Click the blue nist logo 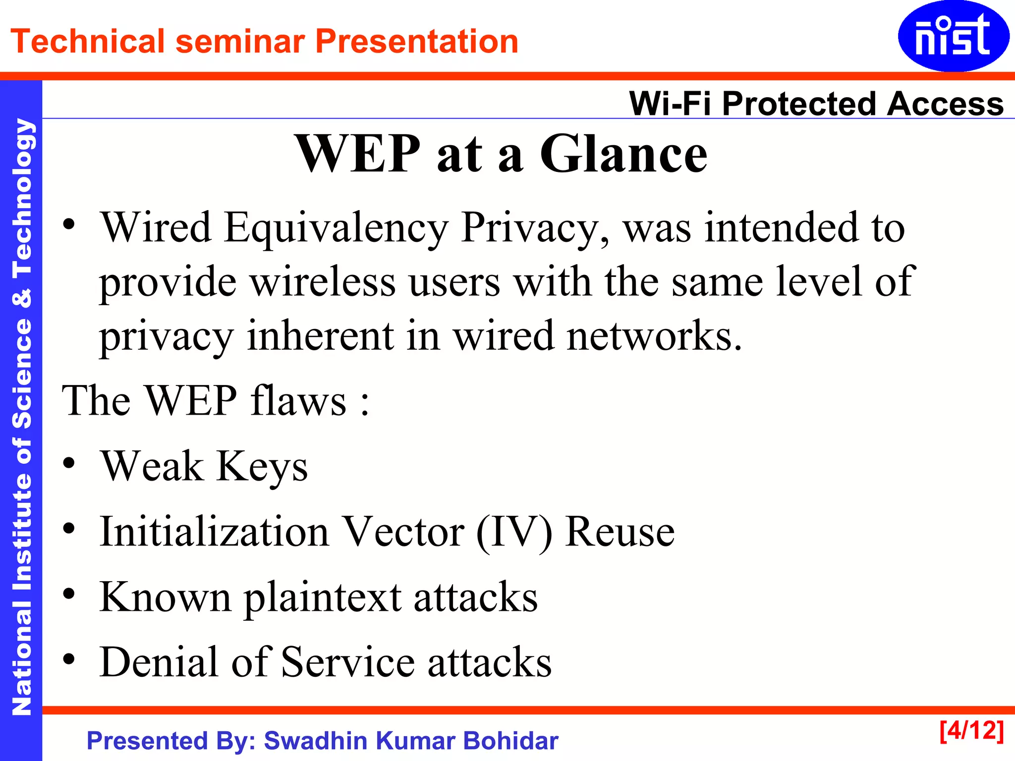pyautogui.click(x=953, y=36)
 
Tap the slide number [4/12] pyautogui.click(x=971, y=731)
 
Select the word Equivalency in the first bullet pyautogui.click(x=336, y=228)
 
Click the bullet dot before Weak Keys pyautogui.click(x=69, y=463)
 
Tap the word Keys pyautogui.click(x=262, y=467)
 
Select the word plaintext pyautogui.click(x=323, y=598)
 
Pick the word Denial pyautogui.click(x=159, y=662)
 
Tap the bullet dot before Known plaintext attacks pyautogui.click(x=69, y=594)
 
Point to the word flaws pyautogui.click(x=298, y=400)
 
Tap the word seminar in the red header pyautogui.click(x=240, y=41)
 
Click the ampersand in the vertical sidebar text pyautogui.click(x=22, y=297)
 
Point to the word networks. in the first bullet pyautogui.click(x=654, y=336)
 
